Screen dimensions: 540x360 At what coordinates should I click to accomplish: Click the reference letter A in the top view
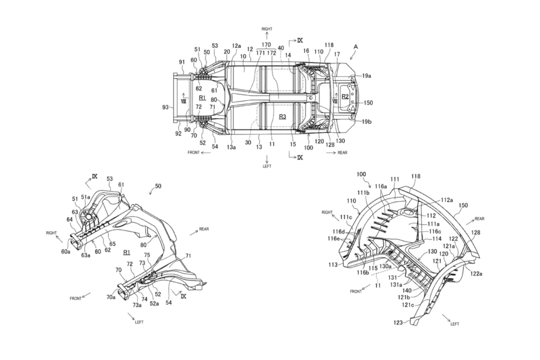[x=356, y=47]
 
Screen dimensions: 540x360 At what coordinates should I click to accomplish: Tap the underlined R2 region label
[x=345, y=97]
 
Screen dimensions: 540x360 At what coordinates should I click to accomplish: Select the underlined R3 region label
[x=282, y=117]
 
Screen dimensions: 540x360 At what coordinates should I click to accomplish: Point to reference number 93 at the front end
[x=165, y=107]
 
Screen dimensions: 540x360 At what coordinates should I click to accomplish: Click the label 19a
[x=366, y=76]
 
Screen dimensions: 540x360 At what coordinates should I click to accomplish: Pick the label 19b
[x=367, y=122]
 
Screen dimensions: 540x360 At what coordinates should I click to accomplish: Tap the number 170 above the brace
[x=266, y=44]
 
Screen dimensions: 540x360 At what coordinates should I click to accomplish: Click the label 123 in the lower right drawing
[x=398, y=322]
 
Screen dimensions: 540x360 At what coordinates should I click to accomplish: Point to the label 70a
[x=111, y=297]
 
